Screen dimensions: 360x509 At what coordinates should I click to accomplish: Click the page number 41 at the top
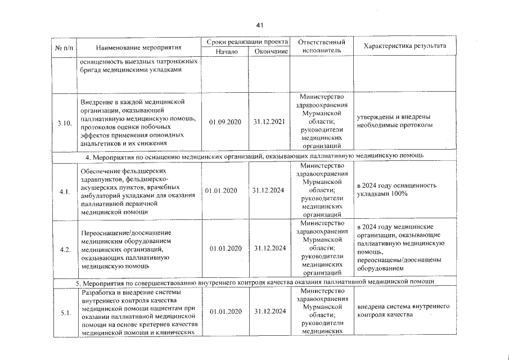[259, 25]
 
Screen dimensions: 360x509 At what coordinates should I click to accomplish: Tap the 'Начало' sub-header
[227, 52]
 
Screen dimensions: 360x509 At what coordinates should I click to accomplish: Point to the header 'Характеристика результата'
[405, 46]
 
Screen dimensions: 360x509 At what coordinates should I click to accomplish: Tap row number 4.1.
[65, 192]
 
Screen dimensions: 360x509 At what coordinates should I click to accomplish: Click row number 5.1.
[65, 313]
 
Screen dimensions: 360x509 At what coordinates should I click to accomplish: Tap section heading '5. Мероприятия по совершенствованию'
[169, 281]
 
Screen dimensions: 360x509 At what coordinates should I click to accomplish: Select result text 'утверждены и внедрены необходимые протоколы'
[394, 121]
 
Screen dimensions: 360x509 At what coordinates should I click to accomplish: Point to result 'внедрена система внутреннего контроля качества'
[403, 311]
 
